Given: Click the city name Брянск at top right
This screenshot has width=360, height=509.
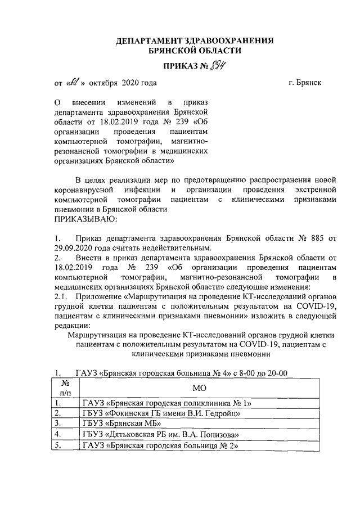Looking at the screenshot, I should tap(309, 83).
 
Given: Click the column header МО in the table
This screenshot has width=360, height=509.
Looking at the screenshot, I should tap(200, 388).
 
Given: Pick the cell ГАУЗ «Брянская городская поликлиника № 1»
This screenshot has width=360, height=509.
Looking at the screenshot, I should tap(167, 403).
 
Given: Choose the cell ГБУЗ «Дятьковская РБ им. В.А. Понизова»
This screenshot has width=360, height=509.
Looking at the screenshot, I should tap(159, 434).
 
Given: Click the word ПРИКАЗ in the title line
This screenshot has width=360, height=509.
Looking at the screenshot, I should tap(179, 67).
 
